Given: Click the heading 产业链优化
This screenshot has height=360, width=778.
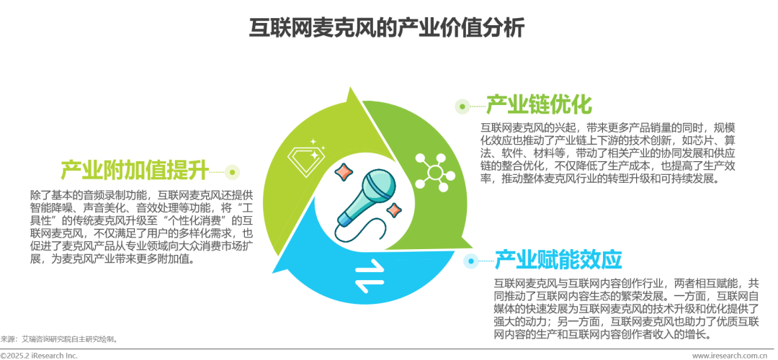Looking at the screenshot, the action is pyautogui.click(x=539, y=105).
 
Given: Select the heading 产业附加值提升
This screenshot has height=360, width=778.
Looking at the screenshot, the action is pyautogui.click(x=135, y=171).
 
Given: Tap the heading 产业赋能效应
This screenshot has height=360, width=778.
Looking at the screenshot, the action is pyautogui.click(x=558, y=259).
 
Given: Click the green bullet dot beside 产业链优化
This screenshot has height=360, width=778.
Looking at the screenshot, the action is pyautogui.click(x=461, y=107).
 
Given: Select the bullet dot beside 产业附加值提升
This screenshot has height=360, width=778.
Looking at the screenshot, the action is pyautogui.click(x=231, y=171).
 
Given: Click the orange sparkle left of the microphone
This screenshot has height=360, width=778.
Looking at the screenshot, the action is pyautogui.click(x=344, y=171).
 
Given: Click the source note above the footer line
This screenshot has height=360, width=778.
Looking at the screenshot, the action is pyautogui.click(x=58, y=338).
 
